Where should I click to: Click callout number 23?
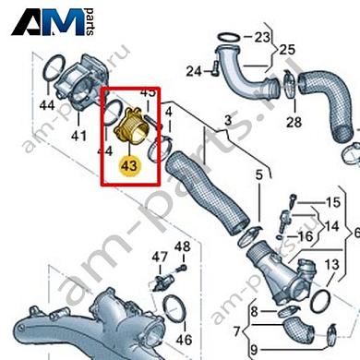click(x=264, y=38)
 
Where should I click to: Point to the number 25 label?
click(x=288, y=48)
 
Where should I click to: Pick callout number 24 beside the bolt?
click(x=192, y=70)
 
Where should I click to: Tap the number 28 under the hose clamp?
click(x=294, y=122)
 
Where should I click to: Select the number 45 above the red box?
click(x=148, y=93)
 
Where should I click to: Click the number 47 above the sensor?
click(x=160, y=256)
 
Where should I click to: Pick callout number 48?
click(x=182, y=246)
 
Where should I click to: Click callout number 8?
click(x=241, y=315)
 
